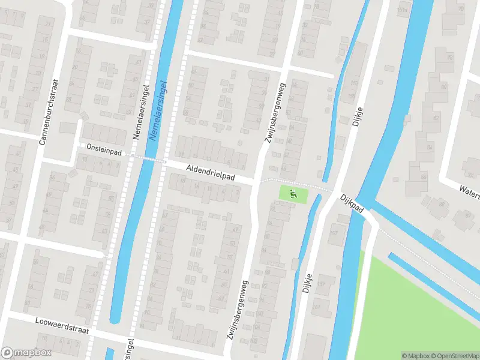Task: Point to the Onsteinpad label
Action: (104, 153)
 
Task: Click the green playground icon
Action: (293, 193)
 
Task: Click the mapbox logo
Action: (26, 353)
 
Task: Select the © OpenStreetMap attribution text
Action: (454, 355)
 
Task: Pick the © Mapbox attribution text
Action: (415, 355)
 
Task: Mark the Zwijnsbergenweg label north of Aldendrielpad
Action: (275, 112)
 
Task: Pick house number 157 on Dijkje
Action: (334, 233)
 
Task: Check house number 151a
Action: (401, 10)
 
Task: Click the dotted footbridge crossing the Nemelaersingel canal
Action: (148, 158)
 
